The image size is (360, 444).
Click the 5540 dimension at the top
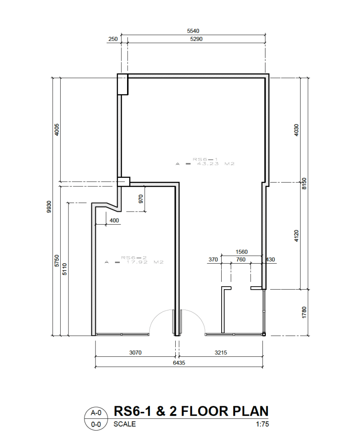pyautogui.click(x=193, y=31)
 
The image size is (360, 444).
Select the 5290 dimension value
pyautogui.click(x=196, y=39)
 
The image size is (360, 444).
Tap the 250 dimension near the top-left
pyautogui.click(x=113, y=39)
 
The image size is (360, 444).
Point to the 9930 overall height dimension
pyautogui.click(x=49, y=207)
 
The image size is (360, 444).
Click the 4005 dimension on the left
pyautogui.click(x=57, y=130)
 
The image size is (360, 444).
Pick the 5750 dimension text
pyautogui.click(x=57, y=261)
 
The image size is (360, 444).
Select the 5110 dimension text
pyautogui.click(x=65, y=269)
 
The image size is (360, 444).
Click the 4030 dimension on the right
pyautogui.click(x=296, y=130)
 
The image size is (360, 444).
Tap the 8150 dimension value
pyautogui.click(x=304, y=184)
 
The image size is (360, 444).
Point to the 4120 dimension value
pyautogui.click(x=296, y=236)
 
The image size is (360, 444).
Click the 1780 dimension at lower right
pyautogui.click(x=304, y=312)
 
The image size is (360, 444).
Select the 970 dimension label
pyautogui.click(x=141, y=199)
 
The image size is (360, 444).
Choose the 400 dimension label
pyautogui.click(x=114, y=220)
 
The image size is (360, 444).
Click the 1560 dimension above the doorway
pyautogui.click(x=242, y=252)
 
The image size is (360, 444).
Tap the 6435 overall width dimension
pyautogui.click(x=179, y=363)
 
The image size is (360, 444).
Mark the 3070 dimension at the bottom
pyautogui.click(x=135, y=353)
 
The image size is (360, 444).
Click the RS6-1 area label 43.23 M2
pyautogui.click(x=205, y=162)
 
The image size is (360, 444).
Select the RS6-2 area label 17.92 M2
pyautogui.click(x=134, y=260)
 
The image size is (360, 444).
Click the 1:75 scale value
pyautogui.click(x=262, y=424)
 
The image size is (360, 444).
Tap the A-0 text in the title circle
pyautogui.click(x=96, y=413)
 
